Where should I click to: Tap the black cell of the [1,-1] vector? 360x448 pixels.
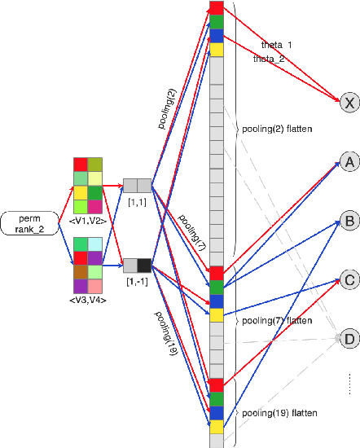(x=144, y=265)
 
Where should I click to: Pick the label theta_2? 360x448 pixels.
(x=268, y=59)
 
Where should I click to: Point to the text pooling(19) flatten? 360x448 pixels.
(x=279, y=414)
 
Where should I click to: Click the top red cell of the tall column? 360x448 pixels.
(x=216, y=7)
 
